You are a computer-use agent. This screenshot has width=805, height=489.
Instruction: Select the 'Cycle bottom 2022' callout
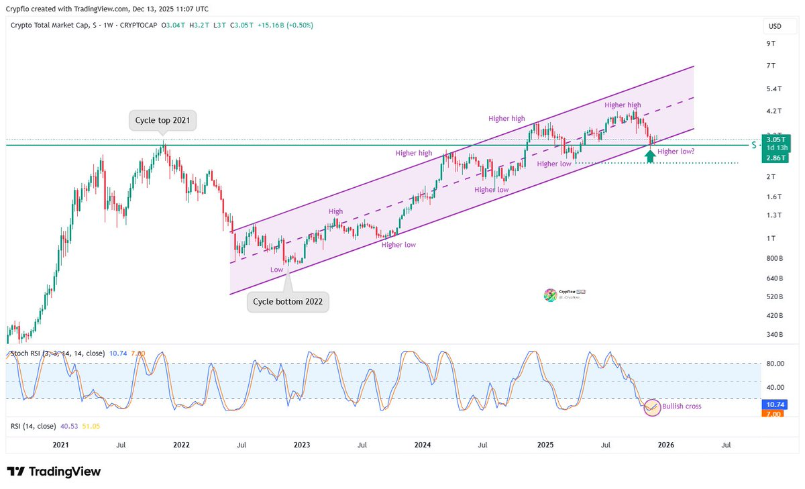click(288, 302)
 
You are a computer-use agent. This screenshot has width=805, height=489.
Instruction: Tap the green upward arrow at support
click(649, 156)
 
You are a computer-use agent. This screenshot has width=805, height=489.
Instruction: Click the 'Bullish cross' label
click(682, 406)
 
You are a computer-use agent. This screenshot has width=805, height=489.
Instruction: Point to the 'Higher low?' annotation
click(676, 152)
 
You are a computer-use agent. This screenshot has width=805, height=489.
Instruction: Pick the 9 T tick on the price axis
click(770, 44)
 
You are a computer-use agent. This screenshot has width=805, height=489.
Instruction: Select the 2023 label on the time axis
click(302, 445)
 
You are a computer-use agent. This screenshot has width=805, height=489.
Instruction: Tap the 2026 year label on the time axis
click(665, 445)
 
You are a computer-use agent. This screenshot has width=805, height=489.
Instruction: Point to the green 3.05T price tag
click(777, 140)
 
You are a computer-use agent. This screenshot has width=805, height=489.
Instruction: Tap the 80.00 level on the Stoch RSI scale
click(775, 364)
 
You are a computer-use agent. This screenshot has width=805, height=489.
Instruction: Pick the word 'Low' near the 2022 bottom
click(276, 270)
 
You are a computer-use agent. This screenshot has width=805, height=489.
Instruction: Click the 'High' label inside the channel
click(335, 212)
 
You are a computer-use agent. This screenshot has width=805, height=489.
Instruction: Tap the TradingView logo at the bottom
click(54, 472)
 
